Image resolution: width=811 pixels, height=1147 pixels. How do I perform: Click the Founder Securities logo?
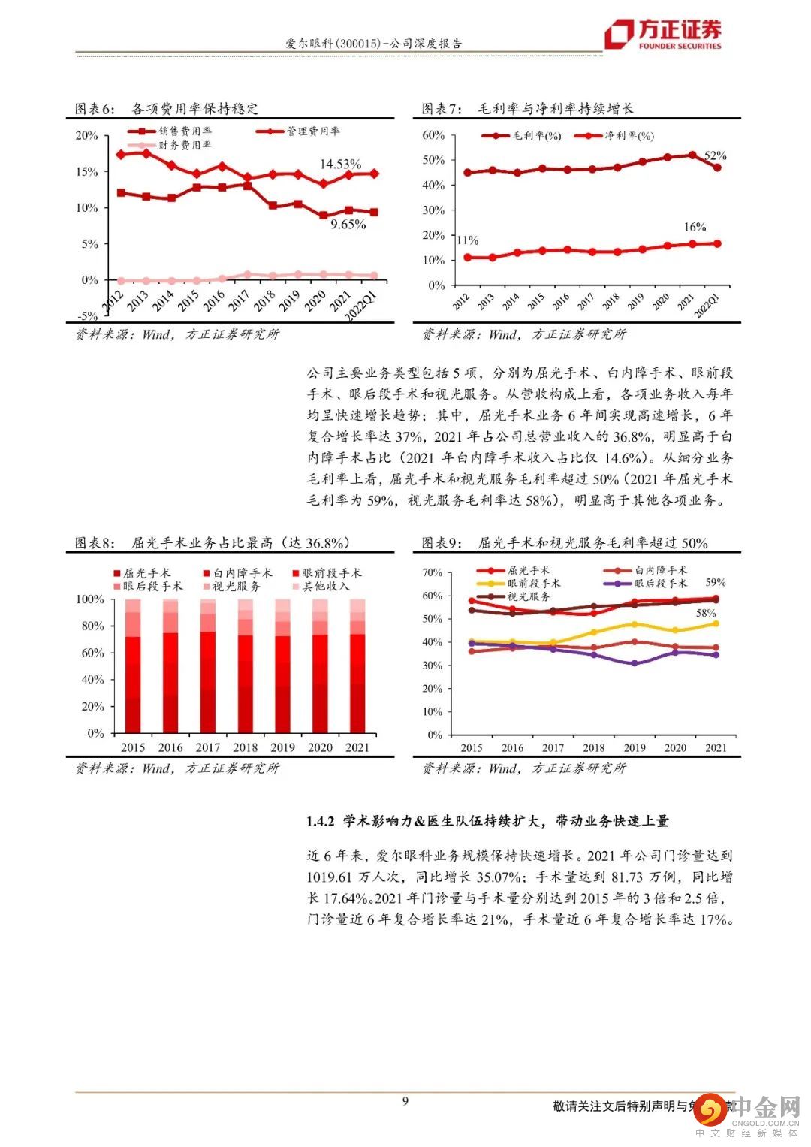tap(664, 33)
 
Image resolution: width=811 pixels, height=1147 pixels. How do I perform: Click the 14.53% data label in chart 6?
tap(340, 164)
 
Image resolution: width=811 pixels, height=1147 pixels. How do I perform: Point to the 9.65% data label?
tap(348, 224)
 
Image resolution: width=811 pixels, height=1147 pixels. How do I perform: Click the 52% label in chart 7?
tap(715, 155)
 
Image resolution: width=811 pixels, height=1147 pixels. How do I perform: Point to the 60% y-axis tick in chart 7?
tap(434, 135)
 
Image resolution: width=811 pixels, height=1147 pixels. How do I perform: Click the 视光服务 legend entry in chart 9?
tap(529, 596)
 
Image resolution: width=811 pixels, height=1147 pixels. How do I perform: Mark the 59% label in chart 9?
tap(715, 582)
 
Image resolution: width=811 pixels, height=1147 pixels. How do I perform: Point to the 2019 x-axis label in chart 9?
tap(634, 747)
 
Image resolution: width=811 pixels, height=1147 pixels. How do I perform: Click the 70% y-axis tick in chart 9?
tap(433, 572)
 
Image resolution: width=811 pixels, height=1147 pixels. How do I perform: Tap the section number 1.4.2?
tap(320, 822)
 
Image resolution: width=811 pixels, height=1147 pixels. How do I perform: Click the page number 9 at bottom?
tap(405, 1101)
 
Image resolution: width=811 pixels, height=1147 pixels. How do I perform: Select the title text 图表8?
tap(95, 543)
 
